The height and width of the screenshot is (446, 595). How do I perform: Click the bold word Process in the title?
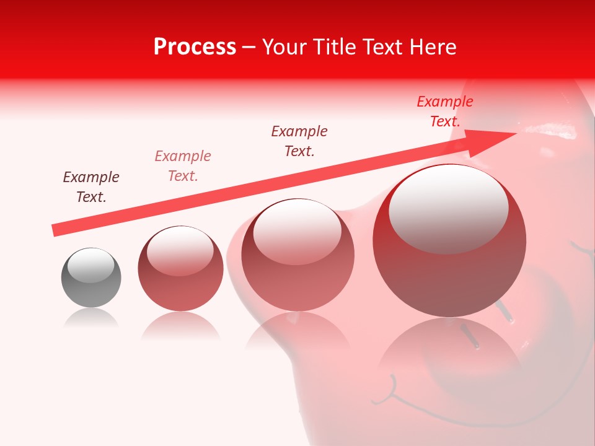[195, 47]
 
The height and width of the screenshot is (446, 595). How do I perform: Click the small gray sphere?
[91, 278]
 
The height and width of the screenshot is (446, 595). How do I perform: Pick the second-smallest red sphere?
[180, 268]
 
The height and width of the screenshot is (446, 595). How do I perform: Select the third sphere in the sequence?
[297, 255]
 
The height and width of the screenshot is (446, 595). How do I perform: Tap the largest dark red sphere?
[449, 241]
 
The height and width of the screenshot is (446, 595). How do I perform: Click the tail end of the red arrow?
[56, 230]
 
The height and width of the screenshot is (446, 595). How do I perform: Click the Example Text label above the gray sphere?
[91, 187]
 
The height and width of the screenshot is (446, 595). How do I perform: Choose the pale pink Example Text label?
[183, 166]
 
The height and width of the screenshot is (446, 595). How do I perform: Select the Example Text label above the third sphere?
[299, 141]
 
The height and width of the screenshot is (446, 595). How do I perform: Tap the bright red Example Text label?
[445, 111]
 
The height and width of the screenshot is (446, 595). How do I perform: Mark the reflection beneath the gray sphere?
[91, 318]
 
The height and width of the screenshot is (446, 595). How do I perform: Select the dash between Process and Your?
[249, 47]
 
